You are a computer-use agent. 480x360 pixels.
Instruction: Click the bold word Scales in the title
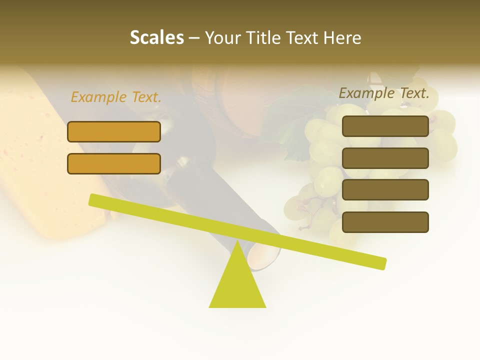click(x=157, y=38)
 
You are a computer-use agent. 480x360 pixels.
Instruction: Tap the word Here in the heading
click(x=342, y=38)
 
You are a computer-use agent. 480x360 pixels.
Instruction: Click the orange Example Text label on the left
click(x=116, y=97)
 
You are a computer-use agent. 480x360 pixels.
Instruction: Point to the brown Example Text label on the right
click(x=384, y=93)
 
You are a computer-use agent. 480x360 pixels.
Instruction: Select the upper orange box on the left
click(x=114, y=131)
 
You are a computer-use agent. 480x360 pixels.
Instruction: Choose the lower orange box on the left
click(x=114, y=163)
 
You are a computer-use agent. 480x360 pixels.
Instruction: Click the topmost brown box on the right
click(x=385, y=126)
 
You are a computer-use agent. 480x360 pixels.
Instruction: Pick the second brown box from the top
click(x=385, y=158)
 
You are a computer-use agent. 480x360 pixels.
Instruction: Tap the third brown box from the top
click(x=385, y=190)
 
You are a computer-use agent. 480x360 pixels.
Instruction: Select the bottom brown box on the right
click(x=385, y=222)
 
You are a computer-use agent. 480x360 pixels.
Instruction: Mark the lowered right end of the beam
click(x=381, y=263)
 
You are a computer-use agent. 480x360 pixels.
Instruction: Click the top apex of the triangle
click(x=237, y=243)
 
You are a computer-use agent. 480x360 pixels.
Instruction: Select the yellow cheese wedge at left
click(x=30, y=160)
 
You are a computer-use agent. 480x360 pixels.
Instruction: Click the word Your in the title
click(x=223, y=38)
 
